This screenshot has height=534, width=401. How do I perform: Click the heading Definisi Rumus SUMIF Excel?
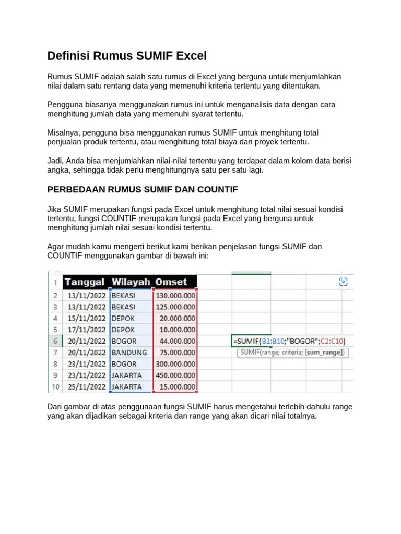127,56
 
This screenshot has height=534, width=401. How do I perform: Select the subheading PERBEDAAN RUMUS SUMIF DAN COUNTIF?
143,189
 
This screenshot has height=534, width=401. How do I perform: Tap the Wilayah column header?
131,282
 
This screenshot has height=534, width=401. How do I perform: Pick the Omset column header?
171,282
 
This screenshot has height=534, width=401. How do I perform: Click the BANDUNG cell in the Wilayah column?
129,353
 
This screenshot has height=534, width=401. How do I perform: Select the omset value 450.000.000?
175,375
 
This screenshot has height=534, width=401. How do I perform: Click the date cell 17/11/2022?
87,330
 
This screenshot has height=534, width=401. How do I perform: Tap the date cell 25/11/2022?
87,387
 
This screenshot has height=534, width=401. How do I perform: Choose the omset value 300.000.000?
175,364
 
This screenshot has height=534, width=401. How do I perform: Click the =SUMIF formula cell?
289,341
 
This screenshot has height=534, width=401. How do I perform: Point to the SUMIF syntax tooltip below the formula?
292,353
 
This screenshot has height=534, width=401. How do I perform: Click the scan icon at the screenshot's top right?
343,282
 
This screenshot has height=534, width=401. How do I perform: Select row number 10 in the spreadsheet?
55,387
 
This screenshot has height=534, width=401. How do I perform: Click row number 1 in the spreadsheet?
55,282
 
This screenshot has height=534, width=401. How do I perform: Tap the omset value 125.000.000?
175,307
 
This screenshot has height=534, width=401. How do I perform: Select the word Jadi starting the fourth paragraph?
55,161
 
